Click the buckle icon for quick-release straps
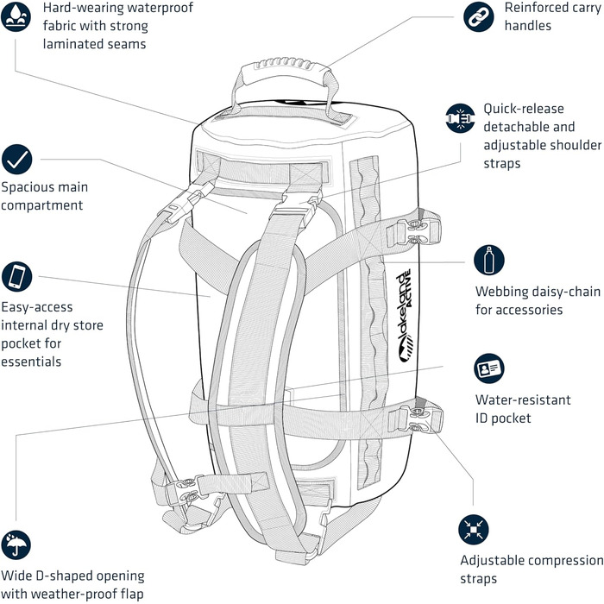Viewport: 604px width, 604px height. coord(461,118)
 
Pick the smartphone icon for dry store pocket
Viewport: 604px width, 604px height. coord(17,276)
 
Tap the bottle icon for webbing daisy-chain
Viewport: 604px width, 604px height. coord(489,260)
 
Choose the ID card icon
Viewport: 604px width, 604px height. coord(489,369)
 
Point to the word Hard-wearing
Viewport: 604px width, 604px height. coord(80,9)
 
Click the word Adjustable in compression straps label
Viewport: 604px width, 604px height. coord(495,561)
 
